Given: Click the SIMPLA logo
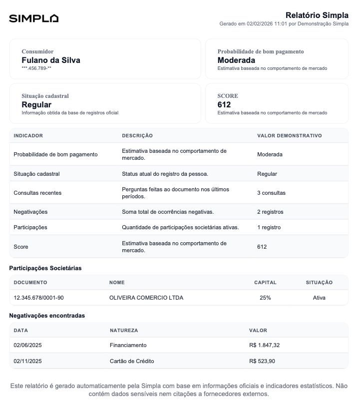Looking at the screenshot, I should (33, 18).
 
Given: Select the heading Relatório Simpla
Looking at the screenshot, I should (317, 15).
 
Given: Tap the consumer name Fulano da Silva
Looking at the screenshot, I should (50, 60).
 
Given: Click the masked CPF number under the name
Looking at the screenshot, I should (36, 68).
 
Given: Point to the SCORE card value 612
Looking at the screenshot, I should (224, 105).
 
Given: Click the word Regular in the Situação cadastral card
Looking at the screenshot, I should (36, 105).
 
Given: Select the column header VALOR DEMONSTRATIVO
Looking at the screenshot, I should (289, 136).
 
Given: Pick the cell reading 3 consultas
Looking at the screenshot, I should (271, 193).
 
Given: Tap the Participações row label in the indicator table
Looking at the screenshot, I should (30, 227).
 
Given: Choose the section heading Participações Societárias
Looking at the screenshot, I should (45, 268).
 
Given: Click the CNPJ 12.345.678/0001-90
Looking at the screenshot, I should (38, 298).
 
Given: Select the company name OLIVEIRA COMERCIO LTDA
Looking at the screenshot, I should (146, 298).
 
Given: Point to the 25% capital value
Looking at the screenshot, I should (265, 298).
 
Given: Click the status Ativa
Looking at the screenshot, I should (319, 298).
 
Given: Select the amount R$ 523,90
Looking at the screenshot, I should (262, 361).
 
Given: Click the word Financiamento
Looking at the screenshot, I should (128, 345).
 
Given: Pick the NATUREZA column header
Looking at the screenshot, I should (124, 331).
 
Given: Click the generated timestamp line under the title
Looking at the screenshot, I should (284, 24).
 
